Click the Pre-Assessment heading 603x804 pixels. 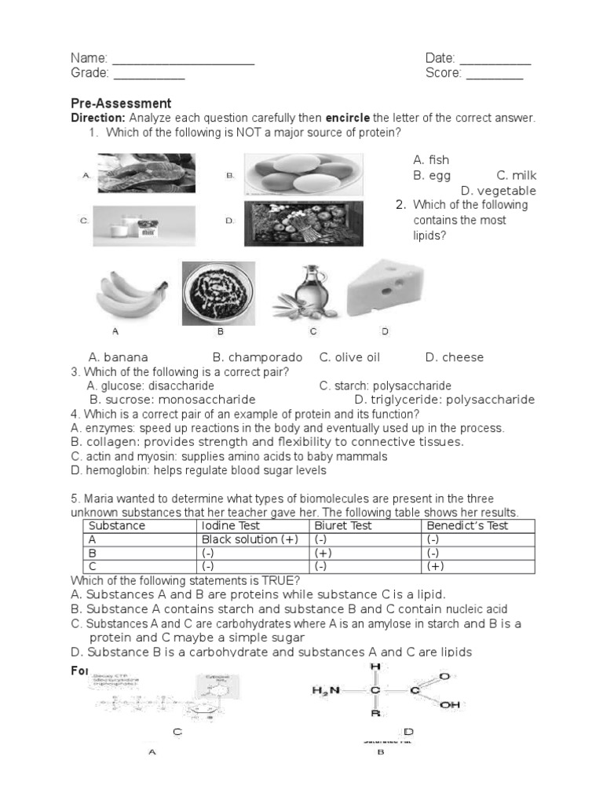coord(121,103)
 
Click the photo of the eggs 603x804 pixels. coord(303,174)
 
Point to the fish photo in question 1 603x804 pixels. coord(146,174)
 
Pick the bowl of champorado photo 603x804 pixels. coord(218,293)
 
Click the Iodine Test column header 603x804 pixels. coord(232,526)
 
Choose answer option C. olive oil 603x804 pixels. coord(349,357)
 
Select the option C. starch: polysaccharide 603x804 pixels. coord(385,386)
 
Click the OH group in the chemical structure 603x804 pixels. coord(450,704)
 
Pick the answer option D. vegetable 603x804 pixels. coord(498,191)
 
